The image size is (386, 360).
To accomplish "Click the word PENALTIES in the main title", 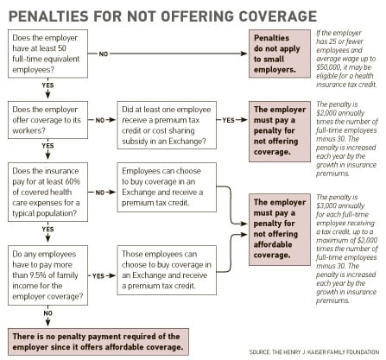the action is (48, 16).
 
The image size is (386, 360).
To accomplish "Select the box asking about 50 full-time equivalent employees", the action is (47, 54).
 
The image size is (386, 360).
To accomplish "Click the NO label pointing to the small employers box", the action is (104, 54).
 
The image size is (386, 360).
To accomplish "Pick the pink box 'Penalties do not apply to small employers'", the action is (280, 54).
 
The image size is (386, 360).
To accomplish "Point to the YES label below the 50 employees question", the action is (47, 85).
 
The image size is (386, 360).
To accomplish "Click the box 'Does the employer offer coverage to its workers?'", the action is (47, 120).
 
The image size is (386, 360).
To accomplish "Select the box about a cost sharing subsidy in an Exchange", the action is (167, 125).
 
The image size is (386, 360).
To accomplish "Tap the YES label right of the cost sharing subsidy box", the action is (228, 120).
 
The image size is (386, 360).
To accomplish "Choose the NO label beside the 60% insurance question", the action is (100, 193).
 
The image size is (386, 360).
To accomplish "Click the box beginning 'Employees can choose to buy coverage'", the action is (167, 187).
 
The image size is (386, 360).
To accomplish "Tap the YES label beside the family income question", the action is (98, 276).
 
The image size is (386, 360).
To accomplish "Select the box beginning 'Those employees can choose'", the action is (167, 270).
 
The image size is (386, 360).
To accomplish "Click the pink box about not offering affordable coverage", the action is (280, 230).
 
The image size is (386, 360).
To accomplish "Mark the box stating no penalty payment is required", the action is (98, 342).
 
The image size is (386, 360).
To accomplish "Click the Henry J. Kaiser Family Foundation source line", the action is (314, 352).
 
